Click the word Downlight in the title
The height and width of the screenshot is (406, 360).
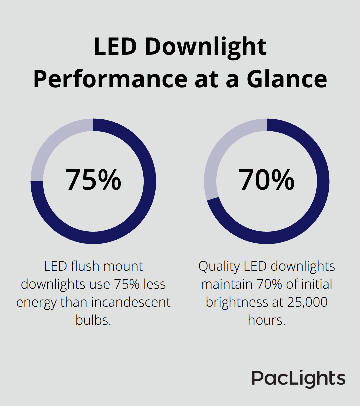pyautogui.click(x=205, y=47)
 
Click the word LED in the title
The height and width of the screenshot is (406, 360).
pyautogui.click(x=115, y=47)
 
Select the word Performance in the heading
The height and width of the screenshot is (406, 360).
pyautogui.click(x=110, y=79)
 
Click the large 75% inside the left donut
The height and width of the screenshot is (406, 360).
pyautogui.click(x=93, y=180)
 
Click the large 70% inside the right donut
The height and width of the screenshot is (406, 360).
pyautogui.click(x=267, y=180)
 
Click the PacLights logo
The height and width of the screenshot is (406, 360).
pyautogui.click(x=298, y=379)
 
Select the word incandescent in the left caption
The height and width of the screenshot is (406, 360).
pyautogui.click(x=131, y=302)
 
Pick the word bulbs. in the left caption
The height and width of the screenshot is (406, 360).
pyautogui.click(x=93, y=320)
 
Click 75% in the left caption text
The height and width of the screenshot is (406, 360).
pyautogui.click(x=127, y=284)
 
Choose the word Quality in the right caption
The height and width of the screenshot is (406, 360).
pyautogui.click(x=219, y=266)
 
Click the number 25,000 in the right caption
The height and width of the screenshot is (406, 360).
pyautogui.click(x=307, y=302)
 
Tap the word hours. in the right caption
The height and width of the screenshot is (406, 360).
pyautogui.click(x=267, y=320)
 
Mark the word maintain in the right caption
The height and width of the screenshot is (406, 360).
pyautogui.click(x=227, y=284)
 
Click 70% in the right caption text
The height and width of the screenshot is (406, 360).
pyautogui.click(x=270, y=284)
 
